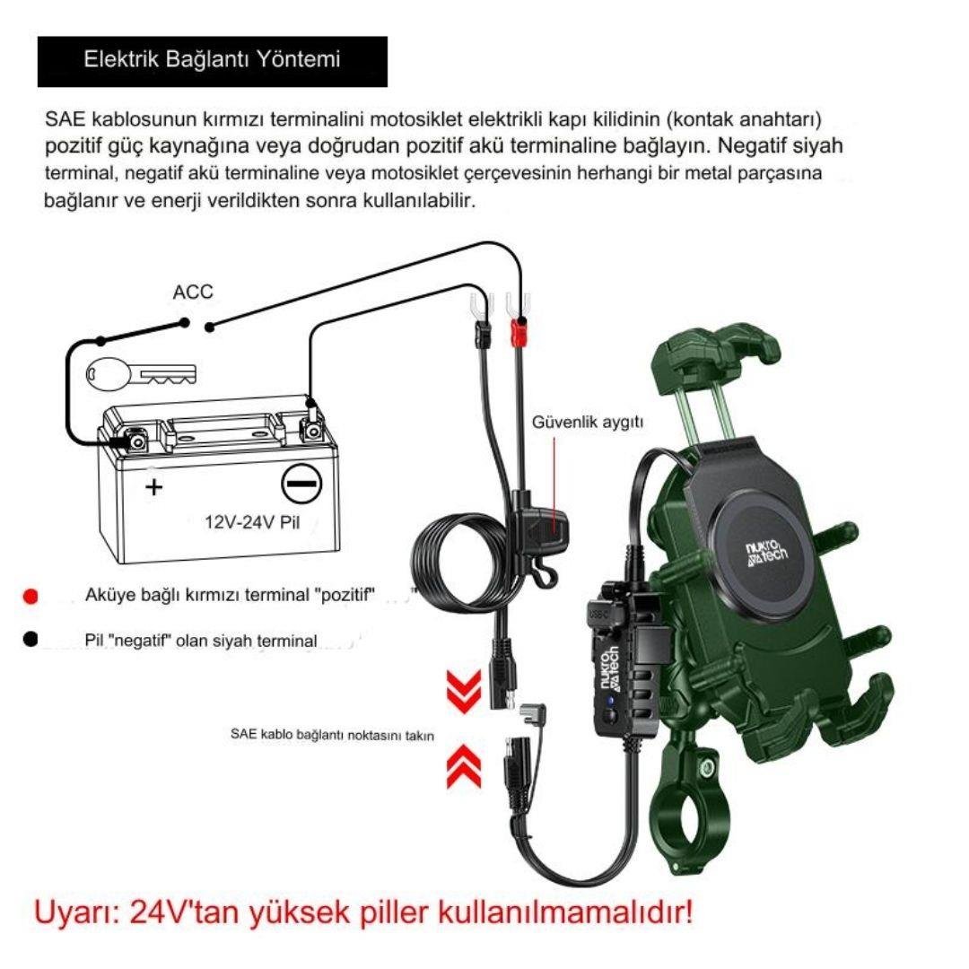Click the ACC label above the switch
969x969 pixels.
(x=193, y=292)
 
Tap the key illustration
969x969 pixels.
(x=141, y=374)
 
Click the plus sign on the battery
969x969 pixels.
(x=154, y=487)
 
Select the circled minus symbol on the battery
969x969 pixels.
(x=301, y=484)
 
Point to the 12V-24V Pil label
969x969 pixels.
(x=252, y=522)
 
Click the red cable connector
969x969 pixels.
(x=518, y=333)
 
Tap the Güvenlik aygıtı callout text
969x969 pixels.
(x=588, y=422)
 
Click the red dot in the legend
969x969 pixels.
(x=30, y=597)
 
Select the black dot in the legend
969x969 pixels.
(x=30, y=640)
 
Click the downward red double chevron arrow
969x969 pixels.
(x=464, y=692)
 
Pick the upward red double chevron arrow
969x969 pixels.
(x=464, y=766)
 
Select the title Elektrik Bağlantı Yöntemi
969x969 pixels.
(x=212, y=59)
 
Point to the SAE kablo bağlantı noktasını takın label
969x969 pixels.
(x=332, y=735)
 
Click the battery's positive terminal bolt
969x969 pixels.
(x=136, y=441)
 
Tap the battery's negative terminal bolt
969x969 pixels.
(x=310, y=429)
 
